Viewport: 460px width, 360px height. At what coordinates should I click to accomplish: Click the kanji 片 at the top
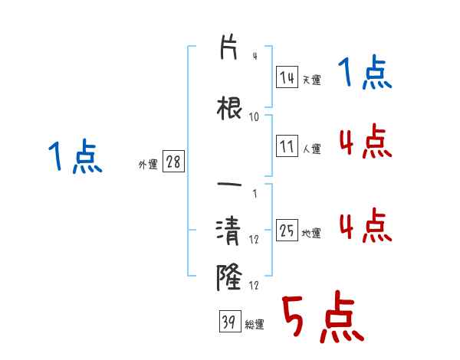(228, 47)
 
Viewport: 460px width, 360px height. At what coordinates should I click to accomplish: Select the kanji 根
(229, 108)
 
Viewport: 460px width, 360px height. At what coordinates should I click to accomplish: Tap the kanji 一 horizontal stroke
(229, 185)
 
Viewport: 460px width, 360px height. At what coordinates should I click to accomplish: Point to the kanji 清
(228, 231)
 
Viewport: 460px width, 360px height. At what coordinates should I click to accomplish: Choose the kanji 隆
(229, 277)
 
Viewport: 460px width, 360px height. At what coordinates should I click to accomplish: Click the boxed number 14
(287, 77)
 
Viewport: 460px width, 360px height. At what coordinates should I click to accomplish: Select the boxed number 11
(287, 146)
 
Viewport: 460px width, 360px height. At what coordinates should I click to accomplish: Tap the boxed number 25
(287, 230)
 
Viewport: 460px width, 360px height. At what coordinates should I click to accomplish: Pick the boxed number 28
(173, 162)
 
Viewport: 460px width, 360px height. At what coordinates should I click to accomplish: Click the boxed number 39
(230, 321)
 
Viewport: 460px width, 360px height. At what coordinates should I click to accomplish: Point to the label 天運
(311, 80)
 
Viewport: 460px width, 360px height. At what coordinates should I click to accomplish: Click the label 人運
(311, 149)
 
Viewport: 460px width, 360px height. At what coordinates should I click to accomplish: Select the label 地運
(311, 233)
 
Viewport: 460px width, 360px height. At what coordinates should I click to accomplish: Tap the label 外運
(148, 165)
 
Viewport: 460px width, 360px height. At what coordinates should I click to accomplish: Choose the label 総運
(255, 325)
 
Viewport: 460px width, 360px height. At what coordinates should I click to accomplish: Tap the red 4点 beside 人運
(366, 141)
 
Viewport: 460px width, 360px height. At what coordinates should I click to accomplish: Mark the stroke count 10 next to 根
(254, 117)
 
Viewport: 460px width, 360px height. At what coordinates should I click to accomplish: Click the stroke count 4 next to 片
(255, 56)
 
